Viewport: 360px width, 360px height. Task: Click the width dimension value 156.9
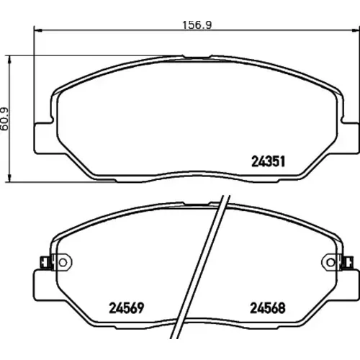pos(197,25)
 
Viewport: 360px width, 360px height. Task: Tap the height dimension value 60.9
pos(4,119)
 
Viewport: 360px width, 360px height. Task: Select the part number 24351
pos(268,161)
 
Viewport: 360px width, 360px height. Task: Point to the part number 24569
pos(127,307)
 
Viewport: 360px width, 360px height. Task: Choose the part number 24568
pos(268,307)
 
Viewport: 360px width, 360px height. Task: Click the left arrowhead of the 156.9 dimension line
pos(38,30)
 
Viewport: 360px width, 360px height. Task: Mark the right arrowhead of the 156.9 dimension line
pos(356,30)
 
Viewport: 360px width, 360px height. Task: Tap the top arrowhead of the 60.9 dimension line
pos(9,60)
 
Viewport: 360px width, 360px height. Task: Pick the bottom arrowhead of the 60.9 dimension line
pos(9,178)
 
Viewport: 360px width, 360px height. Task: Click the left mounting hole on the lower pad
pos(63,263)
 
